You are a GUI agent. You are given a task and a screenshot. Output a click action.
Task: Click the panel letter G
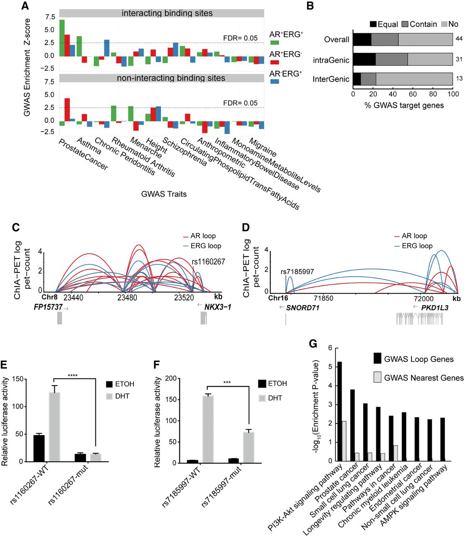click(312, 344)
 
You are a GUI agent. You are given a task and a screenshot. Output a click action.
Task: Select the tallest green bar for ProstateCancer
click(62, 38)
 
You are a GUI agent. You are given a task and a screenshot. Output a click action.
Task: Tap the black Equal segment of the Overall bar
click(362, 39)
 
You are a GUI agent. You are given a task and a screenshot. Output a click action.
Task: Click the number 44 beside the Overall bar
click(459, 39)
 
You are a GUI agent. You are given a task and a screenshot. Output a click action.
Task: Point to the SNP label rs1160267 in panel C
click(208, 262)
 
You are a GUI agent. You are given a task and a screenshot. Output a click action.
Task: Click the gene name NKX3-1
click(217, 307)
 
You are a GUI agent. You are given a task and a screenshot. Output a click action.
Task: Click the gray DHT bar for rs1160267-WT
click(54, 427)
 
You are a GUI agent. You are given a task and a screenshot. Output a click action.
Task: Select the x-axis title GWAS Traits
click(164, 194)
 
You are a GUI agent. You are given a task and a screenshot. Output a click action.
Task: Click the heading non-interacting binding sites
click(171, 78)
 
